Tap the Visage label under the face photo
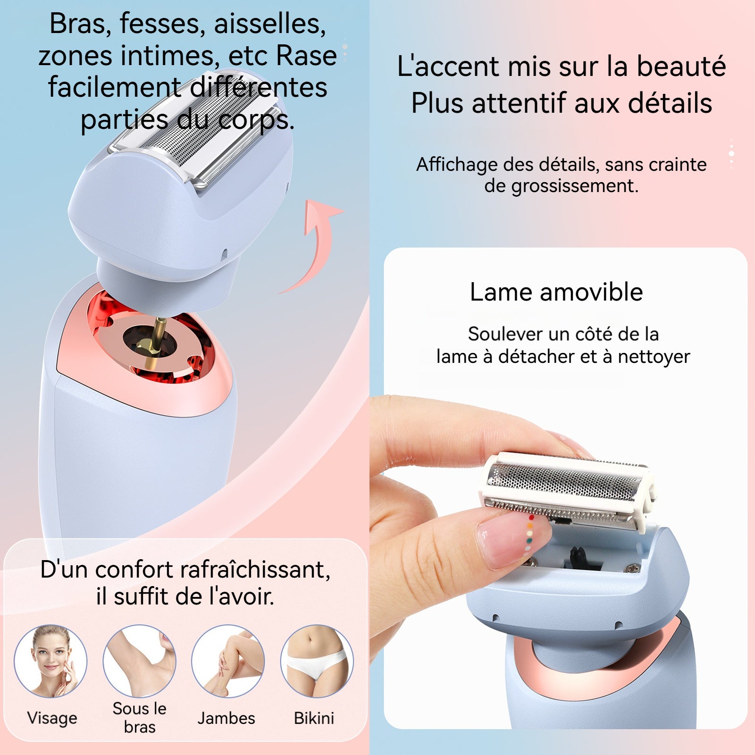pos(52,718)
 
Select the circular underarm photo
pos(140,661)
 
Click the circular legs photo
pos(228,661)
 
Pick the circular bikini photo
pos(317,661)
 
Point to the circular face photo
pos(51,661)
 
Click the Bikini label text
pos(314,718)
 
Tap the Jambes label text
pos(226,718)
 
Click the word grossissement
pos(575,186)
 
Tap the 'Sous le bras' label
pos(140,717)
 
